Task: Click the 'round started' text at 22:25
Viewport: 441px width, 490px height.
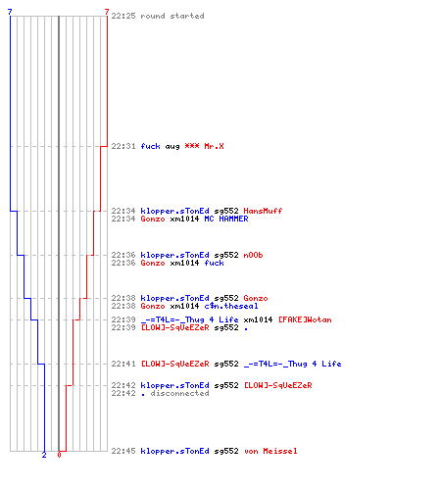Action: tap(172, 16)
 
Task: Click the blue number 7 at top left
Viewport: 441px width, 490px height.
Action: tap(10, 12)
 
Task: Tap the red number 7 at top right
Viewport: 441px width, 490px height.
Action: tap(107, 12)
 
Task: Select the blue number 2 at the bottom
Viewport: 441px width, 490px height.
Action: tap(44, 455)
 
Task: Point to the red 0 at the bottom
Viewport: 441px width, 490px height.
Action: tap(59, 455)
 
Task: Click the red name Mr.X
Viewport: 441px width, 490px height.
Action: tap(214, 146)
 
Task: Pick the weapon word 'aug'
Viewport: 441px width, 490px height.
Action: tap(172, 147)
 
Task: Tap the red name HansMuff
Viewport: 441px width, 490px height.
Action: tap(263, 211)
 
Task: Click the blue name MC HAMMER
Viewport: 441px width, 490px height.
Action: tap(226, 219)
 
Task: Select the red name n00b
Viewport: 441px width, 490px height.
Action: tap(253, 255)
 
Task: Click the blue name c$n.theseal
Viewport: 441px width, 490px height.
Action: tap(231, 306)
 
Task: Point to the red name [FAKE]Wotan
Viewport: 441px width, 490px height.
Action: tap(305, 319)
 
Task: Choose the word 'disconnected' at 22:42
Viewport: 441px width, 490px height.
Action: tap(179, 393)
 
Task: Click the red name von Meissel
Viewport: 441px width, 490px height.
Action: tap(270, 451)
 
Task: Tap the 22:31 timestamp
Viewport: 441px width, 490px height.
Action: tap(123, 146)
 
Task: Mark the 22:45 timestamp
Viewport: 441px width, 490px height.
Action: tap(123, 451)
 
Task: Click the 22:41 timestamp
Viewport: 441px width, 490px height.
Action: tap(123, 364)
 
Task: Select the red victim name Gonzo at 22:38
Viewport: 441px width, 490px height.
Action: tap(256, 298)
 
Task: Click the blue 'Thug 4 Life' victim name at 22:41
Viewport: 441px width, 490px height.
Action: tap(292, 364)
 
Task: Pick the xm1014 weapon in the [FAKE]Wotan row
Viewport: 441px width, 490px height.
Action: tap(258, 319)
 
